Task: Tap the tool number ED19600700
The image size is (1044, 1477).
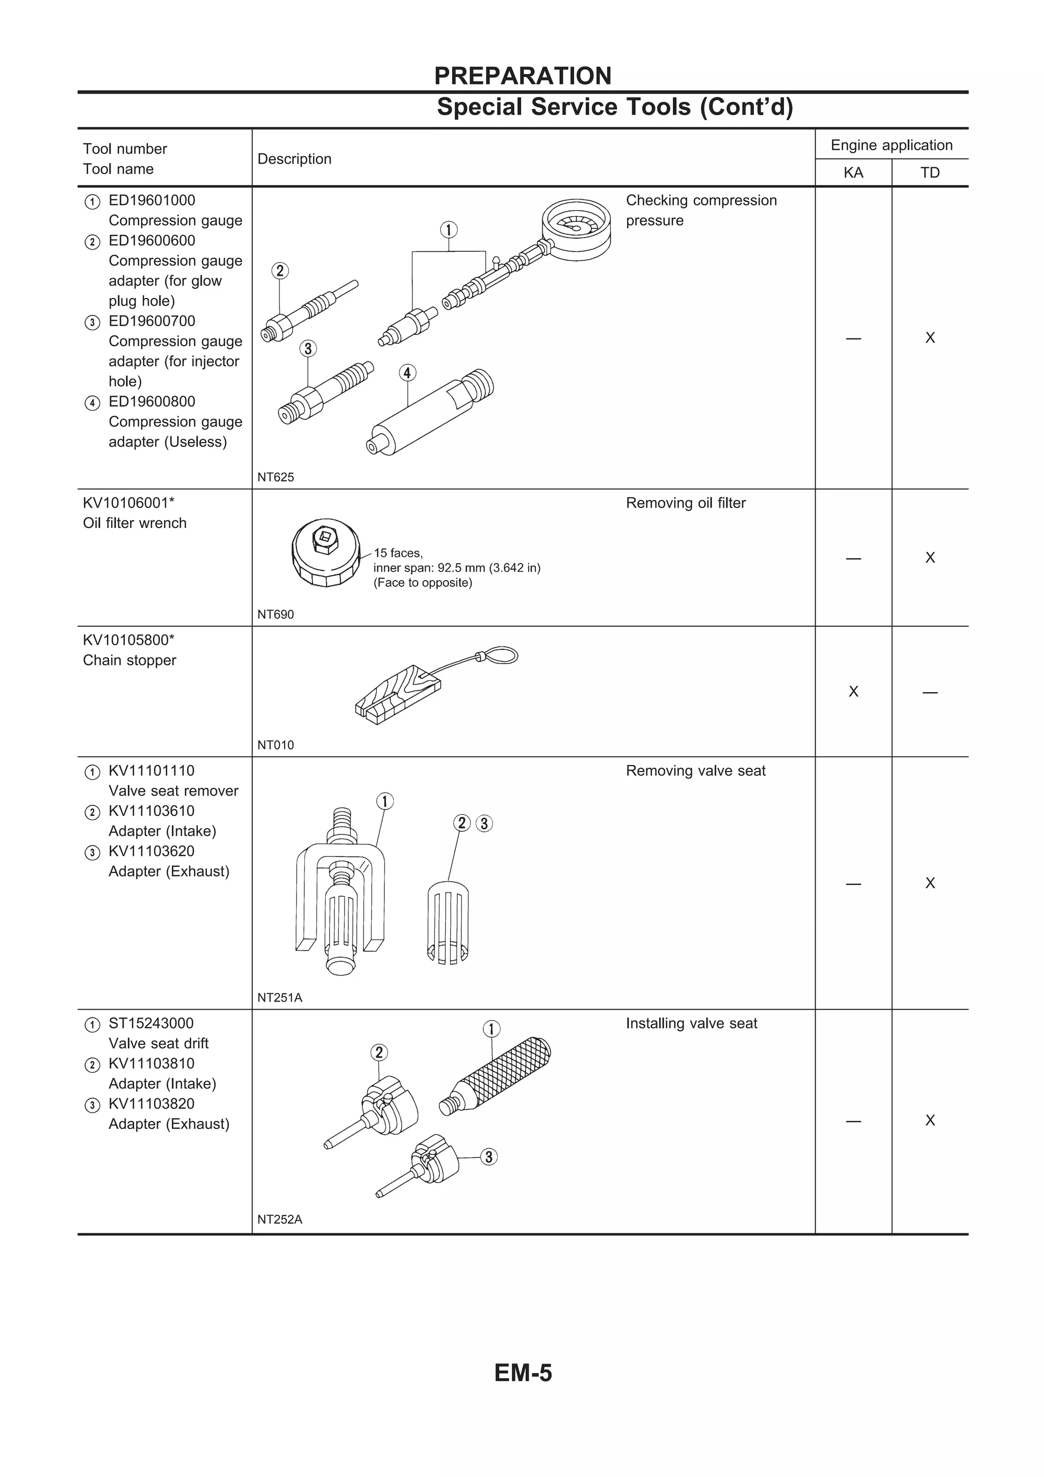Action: tap(151, 321)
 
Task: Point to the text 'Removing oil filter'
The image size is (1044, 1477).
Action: tap(685, 503)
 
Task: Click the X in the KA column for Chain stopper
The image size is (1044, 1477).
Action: tap(853, 692)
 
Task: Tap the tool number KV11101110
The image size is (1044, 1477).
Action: tap(151, 771)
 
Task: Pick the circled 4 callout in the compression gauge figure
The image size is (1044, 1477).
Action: tap(407, 373)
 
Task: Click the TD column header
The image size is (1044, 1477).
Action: tap(929, 172)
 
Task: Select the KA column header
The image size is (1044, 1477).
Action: tap(853, 172)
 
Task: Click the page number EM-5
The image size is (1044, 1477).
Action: tap(523, 1373)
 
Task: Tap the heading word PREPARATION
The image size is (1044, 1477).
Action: tap(523, 76)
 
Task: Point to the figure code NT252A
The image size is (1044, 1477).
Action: tap(279, 1219)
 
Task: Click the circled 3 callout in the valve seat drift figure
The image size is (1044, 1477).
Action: tap(489, 1156)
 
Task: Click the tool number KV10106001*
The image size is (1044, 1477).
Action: tap(128, 503)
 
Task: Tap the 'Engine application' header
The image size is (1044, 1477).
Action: tap(891, 145)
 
